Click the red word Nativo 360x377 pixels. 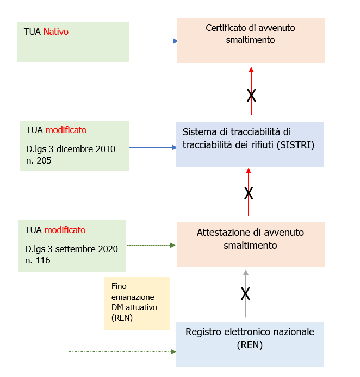(x=56, y=32)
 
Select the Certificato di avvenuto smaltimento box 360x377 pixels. (x=251, y=40)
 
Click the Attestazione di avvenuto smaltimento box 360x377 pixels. (x=250, y=244)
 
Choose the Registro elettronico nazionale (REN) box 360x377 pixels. (x=250, y=344)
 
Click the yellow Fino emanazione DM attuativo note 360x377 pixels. (x=137, y=303)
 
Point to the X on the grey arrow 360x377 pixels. (x=245, y=294)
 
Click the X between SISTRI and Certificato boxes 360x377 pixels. (x=251, y=96)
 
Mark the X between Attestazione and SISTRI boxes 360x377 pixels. (x=249, y=193)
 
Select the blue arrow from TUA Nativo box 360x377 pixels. (x=154, y=41)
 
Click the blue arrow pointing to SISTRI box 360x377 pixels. (x=153, y=147)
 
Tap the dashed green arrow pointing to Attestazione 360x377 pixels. (x=151, y=245)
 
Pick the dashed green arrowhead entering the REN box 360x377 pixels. (x=173, y=351)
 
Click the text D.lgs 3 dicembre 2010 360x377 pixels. (x=71, y=149)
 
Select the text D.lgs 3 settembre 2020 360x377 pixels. (x=71, y=249)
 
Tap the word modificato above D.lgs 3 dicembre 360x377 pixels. (x=66, y=130)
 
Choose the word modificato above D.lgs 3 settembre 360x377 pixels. (x=65, y=230)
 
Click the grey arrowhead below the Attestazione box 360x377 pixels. (x=246, y=273)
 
